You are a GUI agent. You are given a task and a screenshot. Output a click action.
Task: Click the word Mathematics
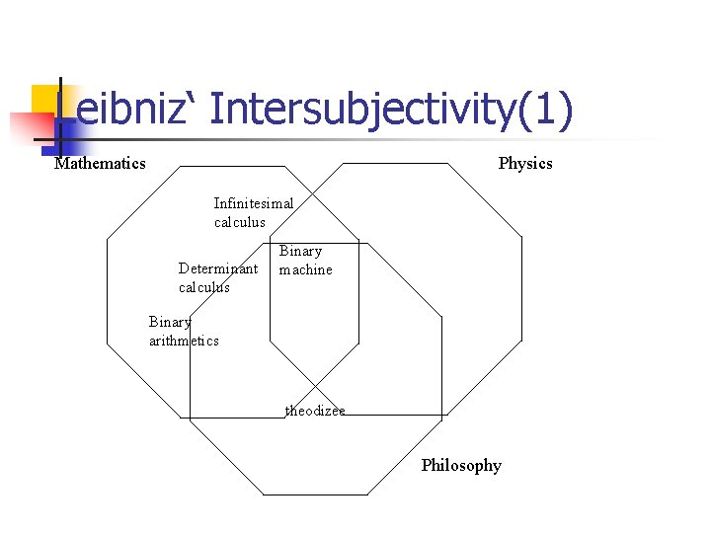(100, 163)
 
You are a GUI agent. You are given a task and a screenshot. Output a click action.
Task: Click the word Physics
(525, 163)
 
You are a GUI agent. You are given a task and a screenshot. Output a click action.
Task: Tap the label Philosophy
(461, 465)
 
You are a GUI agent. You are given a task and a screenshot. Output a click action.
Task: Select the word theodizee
(315, 411)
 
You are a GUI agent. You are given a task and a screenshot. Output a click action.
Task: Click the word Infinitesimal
(254, 203)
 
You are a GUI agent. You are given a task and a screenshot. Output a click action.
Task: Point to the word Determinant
(218, 268)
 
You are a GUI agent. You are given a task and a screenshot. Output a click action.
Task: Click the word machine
(306, 269)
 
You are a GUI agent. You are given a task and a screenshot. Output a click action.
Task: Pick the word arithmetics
(184, 341)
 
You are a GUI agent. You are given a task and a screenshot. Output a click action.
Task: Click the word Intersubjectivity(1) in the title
(391, 110)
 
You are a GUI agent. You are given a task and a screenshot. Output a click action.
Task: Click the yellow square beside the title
(47, 100)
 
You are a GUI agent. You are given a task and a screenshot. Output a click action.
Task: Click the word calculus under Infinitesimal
(240, 222)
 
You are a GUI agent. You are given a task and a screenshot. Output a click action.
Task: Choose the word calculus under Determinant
(204, 287)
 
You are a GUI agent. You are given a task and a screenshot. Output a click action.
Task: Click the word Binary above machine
(300, 251)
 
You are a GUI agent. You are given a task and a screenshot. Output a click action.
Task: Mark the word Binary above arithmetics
(170, 322)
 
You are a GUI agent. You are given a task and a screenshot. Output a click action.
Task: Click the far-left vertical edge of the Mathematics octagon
(107, 296)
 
